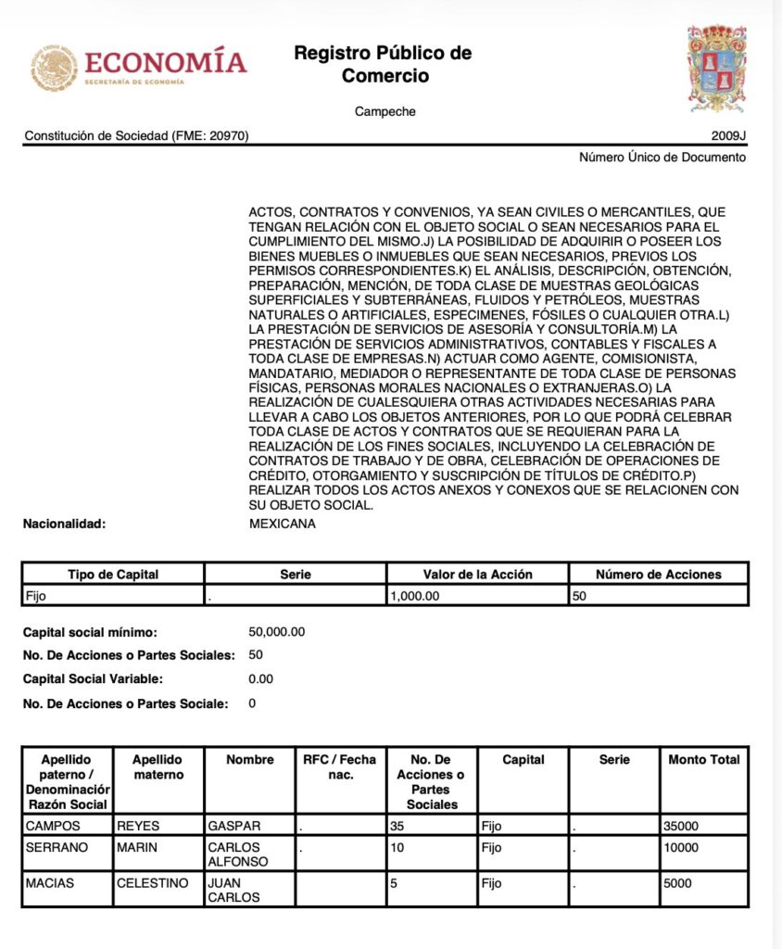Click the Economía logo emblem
[x=55, y=68]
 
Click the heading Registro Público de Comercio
[x=384, y=64]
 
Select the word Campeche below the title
[x=385, y=112]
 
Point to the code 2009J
[x=728, y=136]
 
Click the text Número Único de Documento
[x=662, y=158]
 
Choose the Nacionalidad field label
[x=65, y=524]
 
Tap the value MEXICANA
[x=283, y=524]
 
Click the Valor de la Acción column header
[x=477, y=575]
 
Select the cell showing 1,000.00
[x=415, y=596]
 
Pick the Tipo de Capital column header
[x=113, y=575]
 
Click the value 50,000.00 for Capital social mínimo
[x=277, y=632]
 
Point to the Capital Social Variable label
[x=93, y=678]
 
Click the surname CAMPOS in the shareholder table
[x=54, y=826]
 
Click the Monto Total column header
[x=704, y=760]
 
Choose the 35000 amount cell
[x=682, y=826]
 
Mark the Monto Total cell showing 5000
[x=678, y=884]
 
